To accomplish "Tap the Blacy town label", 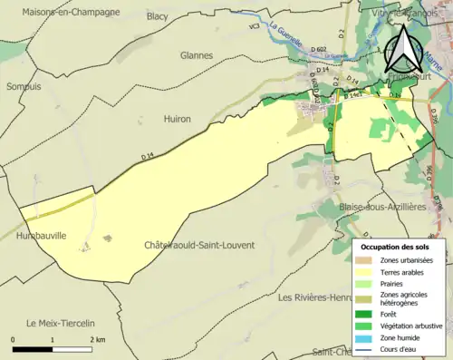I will [x=158, y=15].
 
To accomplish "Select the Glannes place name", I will [x=196, y=54].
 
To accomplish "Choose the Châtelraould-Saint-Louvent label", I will [x=199, y=245].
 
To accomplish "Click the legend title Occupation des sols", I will [x=398, y=246].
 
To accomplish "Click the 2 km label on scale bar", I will [x=97, y=339].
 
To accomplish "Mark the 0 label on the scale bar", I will [x=14, y=339].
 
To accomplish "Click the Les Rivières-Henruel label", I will [x=313, y=297].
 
